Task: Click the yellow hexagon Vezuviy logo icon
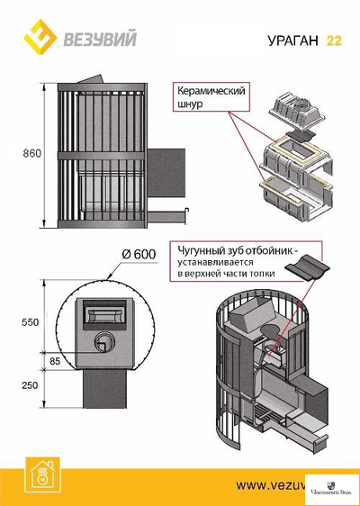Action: point(39,39)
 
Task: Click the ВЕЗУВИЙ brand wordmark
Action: point(92,40)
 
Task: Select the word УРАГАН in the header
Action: point(293,41)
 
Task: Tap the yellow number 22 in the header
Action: point(334,41)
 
